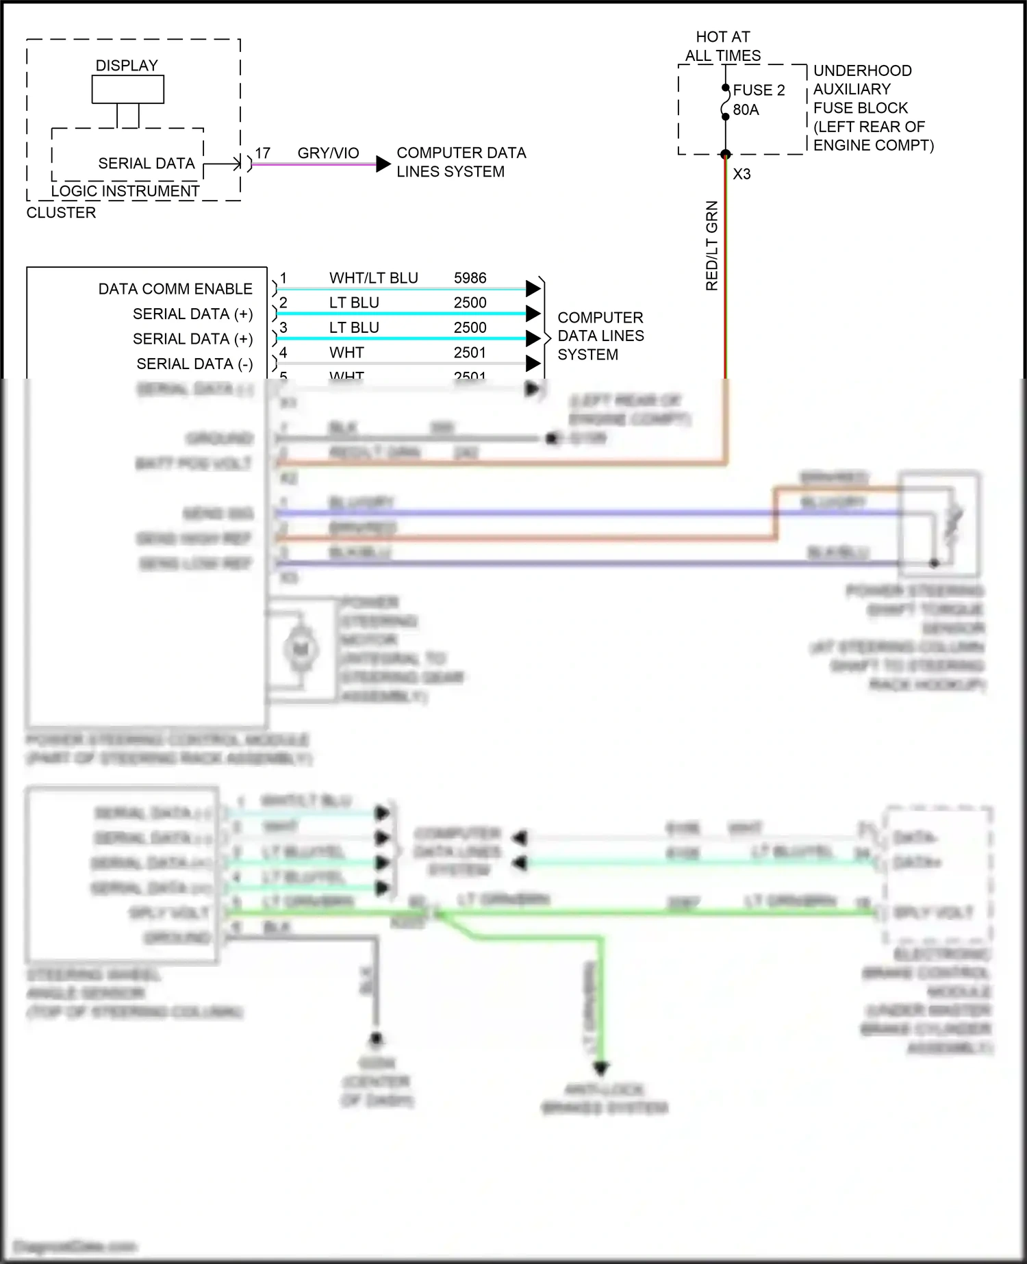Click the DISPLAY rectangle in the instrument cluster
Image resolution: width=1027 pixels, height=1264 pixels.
pyautogui.click(x=128, y=90)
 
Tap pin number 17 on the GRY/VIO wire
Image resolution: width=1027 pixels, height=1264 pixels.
pyautogui.click(x=263, y=153)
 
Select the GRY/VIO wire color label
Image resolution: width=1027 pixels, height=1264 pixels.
pyautogui.click(x=328, y=153)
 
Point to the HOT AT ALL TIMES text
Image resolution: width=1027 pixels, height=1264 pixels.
pyautogui.click(x=723, y=47)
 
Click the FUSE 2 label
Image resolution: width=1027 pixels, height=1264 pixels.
pyautogui.click(x=759, y=90)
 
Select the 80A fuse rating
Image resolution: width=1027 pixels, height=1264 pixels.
pyautogui.click(x=746, y=110)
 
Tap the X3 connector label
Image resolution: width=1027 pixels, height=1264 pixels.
pyautogui.click(x=741, y=174)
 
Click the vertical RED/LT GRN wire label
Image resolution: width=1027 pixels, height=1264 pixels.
pyautogui.click(x=712, y=245)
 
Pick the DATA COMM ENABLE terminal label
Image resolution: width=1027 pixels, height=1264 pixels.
pyautogui.click(x=175, y=289)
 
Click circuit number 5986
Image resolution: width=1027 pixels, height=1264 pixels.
pyautogui.click(x=470, y=278)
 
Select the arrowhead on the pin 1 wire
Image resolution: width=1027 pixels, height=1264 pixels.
pyautogui.click(x=533, y=289)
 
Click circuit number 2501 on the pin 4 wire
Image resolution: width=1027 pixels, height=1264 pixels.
pyautogui.click(x=470, y=353)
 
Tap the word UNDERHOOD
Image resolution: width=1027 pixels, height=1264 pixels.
pyautogui.click(x=862, y=71)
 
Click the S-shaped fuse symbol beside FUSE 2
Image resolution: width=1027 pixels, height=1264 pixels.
pyautogui.click(x=725, y=102)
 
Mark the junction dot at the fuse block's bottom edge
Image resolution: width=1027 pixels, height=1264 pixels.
pyautogui.click(x=726, y=154)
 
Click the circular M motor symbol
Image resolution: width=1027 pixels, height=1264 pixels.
pyautogui.click(x=301, y=649)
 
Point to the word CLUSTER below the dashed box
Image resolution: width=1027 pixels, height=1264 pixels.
pyautogui.click(x=61, y=213)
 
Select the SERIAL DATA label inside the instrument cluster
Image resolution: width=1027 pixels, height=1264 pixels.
pyautogui.click(x=147, y=164)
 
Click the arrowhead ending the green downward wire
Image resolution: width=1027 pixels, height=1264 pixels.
pyautogui.click(x=601, y=1067)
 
